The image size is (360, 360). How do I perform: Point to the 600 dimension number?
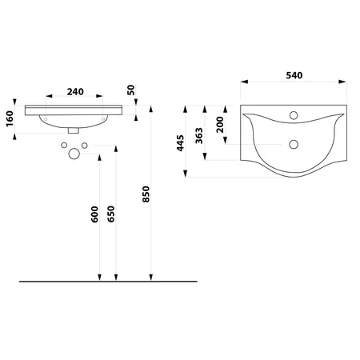[95, 214]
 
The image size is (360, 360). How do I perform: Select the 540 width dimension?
[295, 74]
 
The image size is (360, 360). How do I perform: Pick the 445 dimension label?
[182, 142]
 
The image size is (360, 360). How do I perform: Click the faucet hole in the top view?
[295, 115]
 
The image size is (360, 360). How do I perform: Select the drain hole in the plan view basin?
[295, 145]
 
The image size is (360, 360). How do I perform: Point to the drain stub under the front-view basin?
[74, 129]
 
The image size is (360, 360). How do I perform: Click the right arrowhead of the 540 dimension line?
[347, 83]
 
